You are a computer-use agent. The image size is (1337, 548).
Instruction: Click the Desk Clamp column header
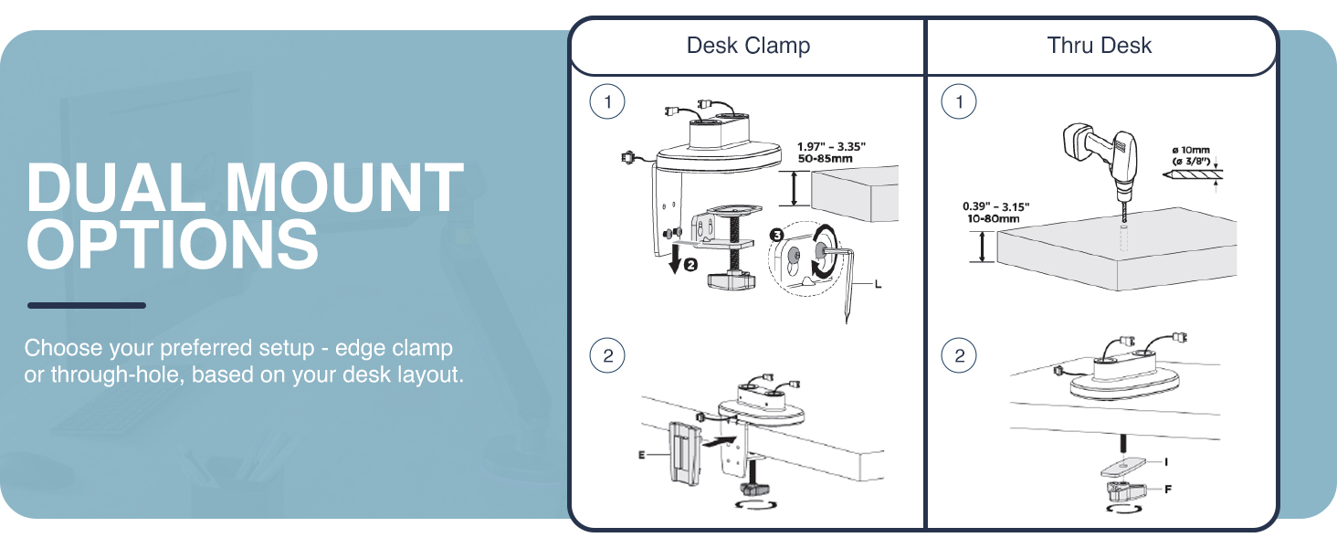748,46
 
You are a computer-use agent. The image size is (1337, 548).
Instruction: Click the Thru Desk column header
1100,46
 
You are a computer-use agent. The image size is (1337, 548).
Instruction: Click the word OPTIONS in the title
173,243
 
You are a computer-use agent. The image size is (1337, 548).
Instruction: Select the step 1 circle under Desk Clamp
607,102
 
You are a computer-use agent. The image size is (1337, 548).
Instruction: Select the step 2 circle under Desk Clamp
607,355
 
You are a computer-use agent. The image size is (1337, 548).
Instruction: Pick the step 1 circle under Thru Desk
958,102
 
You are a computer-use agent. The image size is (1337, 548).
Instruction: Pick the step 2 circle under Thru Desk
958,355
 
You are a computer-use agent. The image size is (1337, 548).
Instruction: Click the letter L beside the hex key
878,284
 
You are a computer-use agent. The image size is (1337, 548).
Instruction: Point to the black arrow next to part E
721,441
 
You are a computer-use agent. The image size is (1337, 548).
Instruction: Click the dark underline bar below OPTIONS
86,305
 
